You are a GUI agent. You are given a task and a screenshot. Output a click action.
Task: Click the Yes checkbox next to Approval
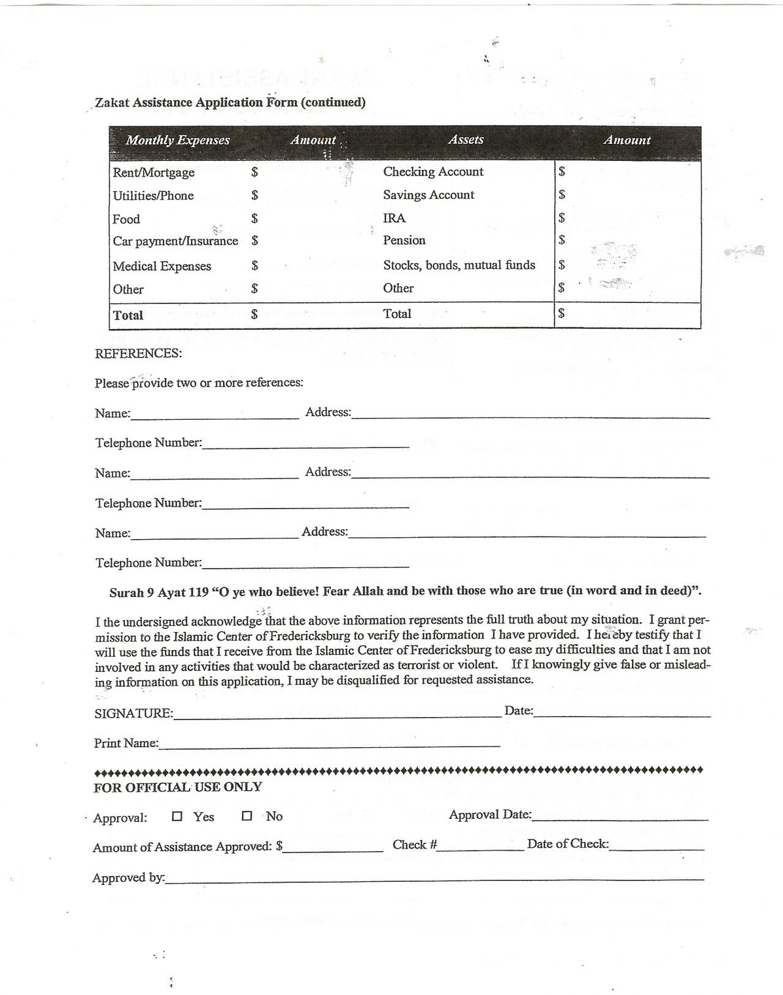(x=177, y=816)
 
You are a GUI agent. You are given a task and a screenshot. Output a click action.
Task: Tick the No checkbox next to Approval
(x=247, y=816)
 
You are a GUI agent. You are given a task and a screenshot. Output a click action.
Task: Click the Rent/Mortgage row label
(x=154, y=173)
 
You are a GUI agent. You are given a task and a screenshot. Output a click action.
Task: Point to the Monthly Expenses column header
(x=177, y=140)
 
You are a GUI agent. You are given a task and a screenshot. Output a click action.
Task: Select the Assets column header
(x=466, y=140)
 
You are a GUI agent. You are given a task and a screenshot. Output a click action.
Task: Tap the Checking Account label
(x=433, y=172)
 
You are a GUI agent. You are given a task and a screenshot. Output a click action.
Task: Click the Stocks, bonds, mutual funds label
(x=459, y=265)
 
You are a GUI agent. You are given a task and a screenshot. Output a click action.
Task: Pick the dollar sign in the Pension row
(x=562, y=240)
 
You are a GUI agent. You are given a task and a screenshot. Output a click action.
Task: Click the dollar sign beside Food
(x=254, y=218)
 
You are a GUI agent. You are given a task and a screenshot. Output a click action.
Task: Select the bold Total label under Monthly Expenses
(x=128, y=315)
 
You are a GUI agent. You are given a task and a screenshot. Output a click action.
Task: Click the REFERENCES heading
(x=138, y=354)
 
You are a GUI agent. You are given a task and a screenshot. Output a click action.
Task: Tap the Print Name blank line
(x=329, y=743)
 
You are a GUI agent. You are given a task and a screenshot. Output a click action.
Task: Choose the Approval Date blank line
(x=620, y=815)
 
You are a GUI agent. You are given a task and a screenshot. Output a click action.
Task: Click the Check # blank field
(x=481, y=846)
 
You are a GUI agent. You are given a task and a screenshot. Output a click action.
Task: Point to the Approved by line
(x=434, y=878)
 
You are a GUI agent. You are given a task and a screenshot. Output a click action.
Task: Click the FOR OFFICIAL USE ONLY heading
(x=177, y=788)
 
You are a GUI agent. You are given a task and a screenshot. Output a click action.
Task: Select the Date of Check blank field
(x=657, y=845)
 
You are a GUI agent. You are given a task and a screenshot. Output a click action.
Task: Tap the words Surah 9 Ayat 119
(x=159, y=592)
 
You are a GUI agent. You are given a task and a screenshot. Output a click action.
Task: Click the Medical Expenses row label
(x=162, y=266)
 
